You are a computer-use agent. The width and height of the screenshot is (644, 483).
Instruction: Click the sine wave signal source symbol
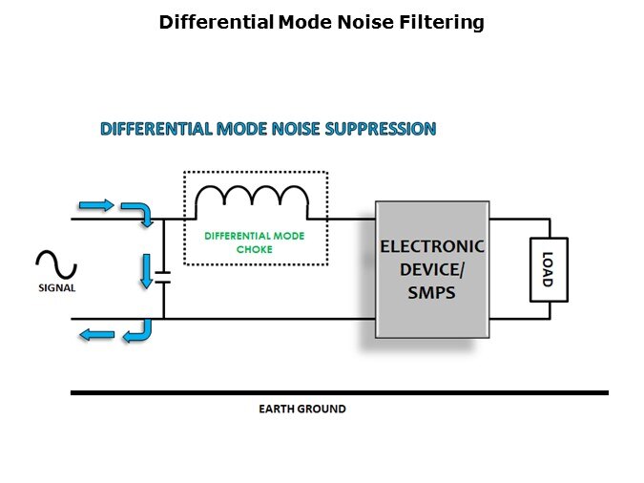pyautogui.click(x=56, y=263)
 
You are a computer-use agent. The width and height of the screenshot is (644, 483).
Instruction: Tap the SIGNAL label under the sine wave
pyautogui.click(x=57, y=287)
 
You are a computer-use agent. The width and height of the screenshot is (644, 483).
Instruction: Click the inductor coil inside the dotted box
pyautogui.click(x=252, y=199)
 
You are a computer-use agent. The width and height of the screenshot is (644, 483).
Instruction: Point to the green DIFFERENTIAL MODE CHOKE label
pyautogui.click(x=253, y=242)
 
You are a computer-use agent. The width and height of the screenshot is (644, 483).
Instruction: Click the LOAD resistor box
pyautogui.click(x=547, y=268)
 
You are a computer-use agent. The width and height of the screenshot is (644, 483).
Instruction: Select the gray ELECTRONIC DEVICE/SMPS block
pyautogui.click(x=431, y=268)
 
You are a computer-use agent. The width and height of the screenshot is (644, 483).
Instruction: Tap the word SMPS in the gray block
pyautogui.click(x=431, y=294)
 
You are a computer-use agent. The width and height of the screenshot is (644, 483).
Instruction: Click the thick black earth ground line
pyautogui.click(x=339, y=392)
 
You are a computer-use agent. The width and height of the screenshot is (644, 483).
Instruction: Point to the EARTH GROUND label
pyautogui.click(x=302, y=409)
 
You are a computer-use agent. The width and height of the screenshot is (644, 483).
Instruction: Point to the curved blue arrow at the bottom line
pyautogui.click(x=139, y=330)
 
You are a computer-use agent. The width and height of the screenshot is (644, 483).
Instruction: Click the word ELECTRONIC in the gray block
pyautogui.click(x=432, y=245)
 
